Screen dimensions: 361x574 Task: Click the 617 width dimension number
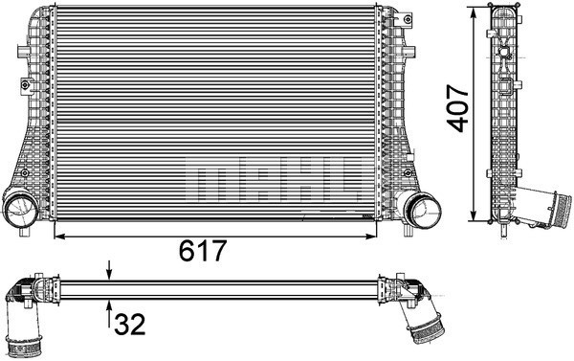click(x=202, y=252)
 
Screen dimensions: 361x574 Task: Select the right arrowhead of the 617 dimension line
click(x=369, y=233)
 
